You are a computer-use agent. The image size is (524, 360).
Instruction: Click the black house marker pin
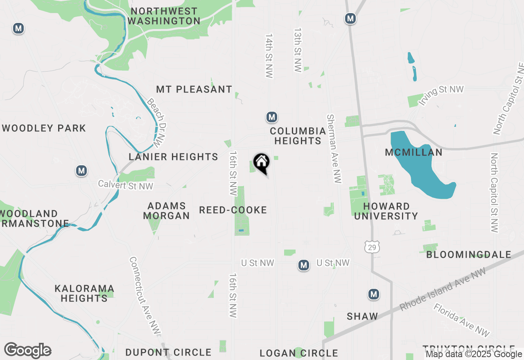pos(261,163)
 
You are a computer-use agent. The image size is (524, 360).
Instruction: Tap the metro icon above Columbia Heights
pos(271,117)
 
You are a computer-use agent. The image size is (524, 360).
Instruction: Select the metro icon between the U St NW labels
pos(303,265)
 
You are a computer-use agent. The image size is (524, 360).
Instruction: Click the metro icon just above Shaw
pos(373,294)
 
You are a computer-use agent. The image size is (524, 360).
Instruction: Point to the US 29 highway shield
pos(372,247)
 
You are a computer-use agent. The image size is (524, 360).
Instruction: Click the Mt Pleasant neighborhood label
pos(194,89)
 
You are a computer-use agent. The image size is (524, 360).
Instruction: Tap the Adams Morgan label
pos(167,211)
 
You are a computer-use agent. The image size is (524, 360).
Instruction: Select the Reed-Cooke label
pos(233,210)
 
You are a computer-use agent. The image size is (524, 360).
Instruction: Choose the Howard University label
pos(386,211)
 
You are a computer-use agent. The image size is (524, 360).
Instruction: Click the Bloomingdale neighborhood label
pos(469,255)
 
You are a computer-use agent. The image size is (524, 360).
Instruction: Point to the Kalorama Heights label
pos(84,293)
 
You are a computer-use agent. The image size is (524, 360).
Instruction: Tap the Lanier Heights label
pos(173,157)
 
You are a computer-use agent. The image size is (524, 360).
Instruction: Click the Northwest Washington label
pos(164,16)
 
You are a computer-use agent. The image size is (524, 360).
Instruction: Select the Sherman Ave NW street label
pos(334,148)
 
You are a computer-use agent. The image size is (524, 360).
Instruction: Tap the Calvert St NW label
pos(125,185)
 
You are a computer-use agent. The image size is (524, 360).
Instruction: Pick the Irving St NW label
pos(441,95)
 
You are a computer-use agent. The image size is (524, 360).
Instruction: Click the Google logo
pos(28,351)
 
